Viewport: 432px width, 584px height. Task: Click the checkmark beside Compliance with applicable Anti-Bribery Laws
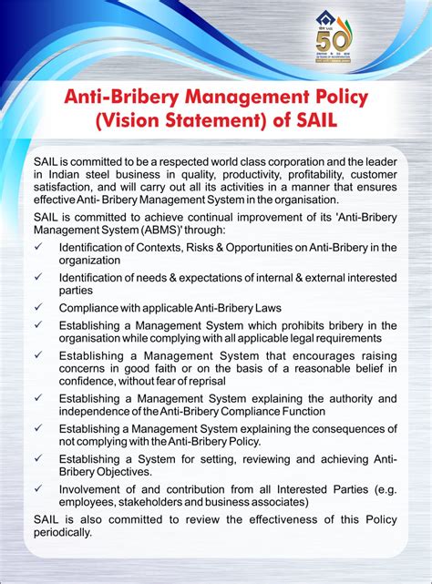[x=37, y=308]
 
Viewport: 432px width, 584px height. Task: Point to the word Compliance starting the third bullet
[x=90, y=308]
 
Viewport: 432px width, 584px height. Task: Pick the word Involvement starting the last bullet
[x=93, y=487]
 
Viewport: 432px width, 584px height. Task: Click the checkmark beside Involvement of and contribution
[x=37, y=487]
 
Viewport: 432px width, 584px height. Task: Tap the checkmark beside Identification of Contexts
[x=37, y=246]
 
